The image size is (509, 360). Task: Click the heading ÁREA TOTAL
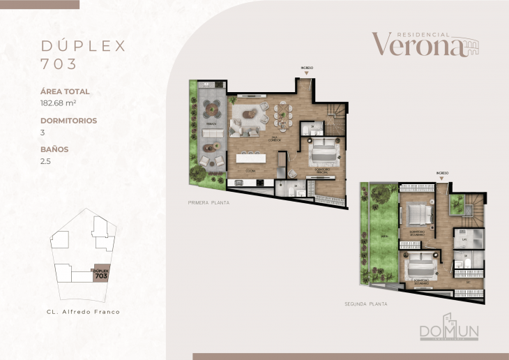click(65, 91)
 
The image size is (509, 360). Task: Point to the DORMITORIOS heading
click(68, 120)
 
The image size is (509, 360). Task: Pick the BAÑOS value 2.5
click(46, 160)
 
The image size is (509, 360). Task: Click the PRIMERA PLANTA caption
click(208, 202)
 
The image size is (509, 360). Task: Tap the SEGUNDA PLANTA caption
click(366, 304)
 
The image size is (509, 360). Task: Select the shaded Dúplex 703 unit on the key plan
click(100, 274)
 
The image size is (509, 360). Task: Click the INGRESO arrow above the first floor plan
click(307, 70)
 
